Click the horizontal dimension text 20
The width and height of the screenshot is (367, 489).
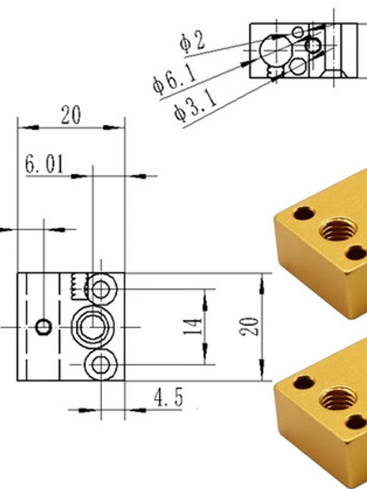[x=71, y=115]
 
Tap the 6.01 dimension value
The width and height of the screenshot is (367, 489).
[x=44, y=164]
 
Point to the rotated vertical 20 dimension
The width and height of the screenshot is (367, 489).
[x=249, y=327]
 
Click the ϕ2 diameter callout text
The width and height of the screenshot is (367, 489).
[x=192, y=42]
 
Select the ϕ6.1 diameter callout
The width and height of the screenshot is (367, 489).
[x=174, y=79]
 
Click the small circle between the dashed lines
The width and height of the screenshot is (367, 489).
[x=43, y=327]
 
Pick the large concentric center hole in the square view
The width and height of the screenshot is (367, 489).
[x=93, y=327]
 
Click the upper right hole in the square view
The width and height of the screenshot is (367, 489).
[x=101, y=289]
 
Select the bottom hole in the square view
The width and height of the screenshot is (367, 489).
[x=101, y=365]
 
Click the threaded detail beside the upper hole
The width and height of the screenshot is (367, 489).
[x=78, y=286]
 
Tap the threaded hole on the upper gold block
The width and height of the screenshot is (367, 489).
[x=338, y=229]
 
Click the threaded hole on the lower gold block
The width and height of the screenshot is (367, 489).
[x=338, y=399]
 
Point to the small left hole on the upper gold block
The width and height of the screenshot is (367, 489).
[x=304, y=213]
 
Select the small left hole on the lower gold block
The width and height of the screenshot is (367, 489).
[x=304, y=382]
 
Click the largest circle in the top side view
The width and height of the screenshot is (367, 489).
[x=276, y=50]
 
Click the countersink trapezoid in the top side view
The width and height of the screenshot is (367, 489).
[x=334, y=74]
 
